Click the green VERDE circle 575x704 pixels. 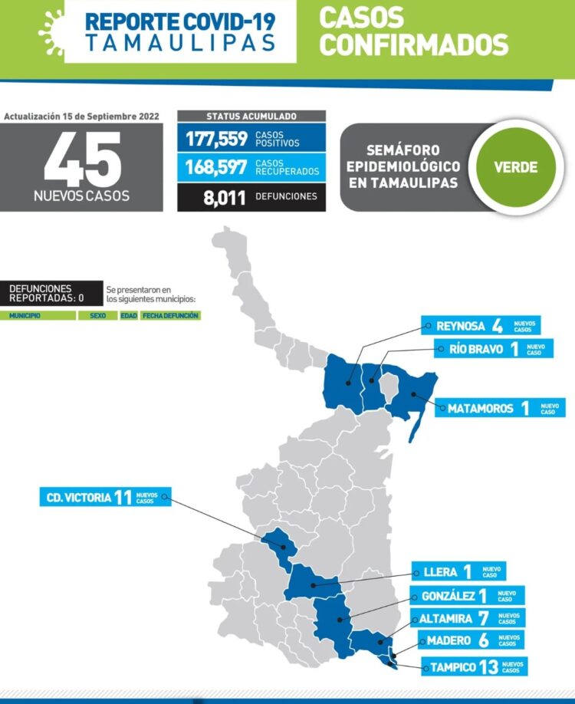[515, 167]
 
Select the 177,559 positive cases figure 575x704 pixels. [216, 139]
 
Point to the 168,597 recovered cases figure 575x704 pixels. [216, 167]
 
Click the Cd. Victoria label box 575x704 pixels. [105, 497]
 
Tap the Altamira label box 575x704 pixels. [470, 618]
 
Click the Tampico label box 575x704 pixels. [473, 666]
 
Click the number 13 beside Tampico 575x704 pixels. [488, 666]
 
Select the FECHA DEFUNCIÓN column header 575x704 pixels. [170, 316]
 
